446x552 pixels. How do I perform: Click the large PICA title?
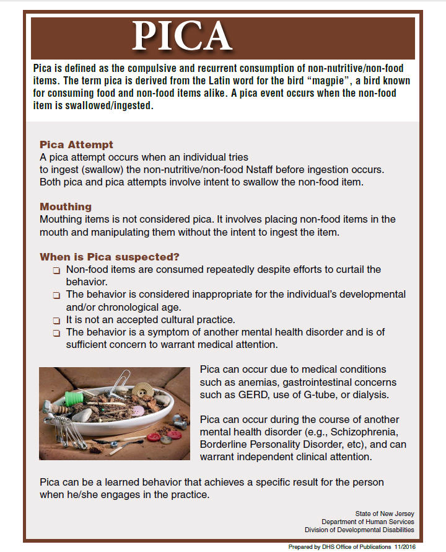tap(181, 37)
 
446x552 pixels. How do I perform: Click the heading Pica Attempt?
tap(76, 145)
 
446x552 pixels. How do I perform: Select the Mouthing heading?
tap(66, 207)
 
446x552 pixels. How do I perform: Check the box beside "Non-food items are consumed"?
tap(56, 270)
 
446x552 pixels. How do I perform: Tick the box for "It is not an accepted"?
tap(56, 321)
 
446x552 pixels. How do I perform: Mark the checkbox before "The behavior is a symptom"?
tap(56, 333)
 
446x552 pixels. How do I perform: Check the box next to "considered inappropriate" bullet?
tap(56, 295)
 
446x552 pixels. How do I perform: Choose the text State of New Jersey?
tap(385, 514)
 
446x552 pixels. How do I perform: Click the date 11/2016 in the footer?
tap(420, 546)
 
